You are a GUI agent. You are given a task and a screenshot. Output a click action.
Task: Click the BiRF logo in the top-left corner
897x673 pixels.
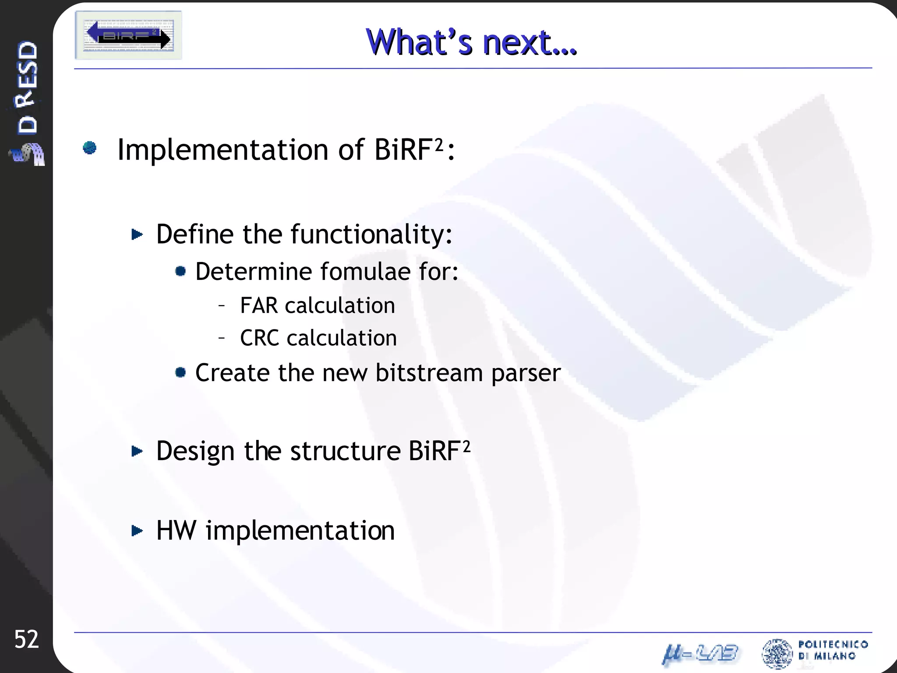pyautogui.click(x=128, y=35)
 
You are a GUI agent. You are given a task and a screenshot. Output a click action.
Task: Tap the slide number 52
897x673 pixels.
pyautogui.click(x=26, y=639)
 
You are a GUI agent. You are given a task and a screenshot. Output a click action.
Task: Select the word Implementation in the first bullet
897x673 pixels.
pyautogui.click(x=222, y=150)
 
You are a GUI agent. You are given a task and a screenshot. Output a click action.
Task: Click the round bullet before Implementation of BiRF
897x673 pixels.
pyautogui.click(x=90, y=148)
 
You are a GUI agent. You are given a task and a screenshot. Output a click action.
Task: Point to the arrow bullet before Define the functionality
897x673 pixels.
pyautogui.click(x=137, y=235)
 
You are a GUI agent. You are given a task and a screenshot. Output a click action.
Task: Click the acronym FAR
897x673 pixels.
pyautogui.click(x=259, y=305)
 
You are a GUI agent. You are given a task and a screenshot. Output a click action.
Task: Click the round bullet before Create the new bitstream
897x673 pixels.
pyautogui.click(x=180, y=372)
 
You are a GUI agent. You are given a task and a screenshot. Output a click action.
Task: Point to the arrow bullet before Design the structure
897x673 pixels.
pyautogui.click(x=137, y=451)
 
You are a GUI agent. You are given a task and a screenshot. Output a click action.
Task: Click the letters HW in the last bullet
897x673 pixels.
pyautogui.click(x=176, y=531)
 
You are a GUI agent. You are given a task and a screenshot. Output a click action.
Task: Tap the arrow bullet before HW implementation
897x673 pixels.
pyautogui.click(x=137, y=531)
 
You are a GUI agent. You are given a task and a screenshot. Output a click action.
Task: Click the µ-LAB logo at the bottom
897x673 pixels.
pyautogui.click(x=700, y=654)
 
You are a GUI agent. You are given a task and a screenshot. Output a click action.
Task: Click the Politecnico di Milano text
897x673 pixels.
pyautogui.click(x=833, y=650)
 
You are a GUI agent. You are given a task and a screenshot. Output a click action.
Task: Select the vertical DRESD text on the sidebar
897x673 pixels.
pyautogui.click(x=27, y=88)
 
